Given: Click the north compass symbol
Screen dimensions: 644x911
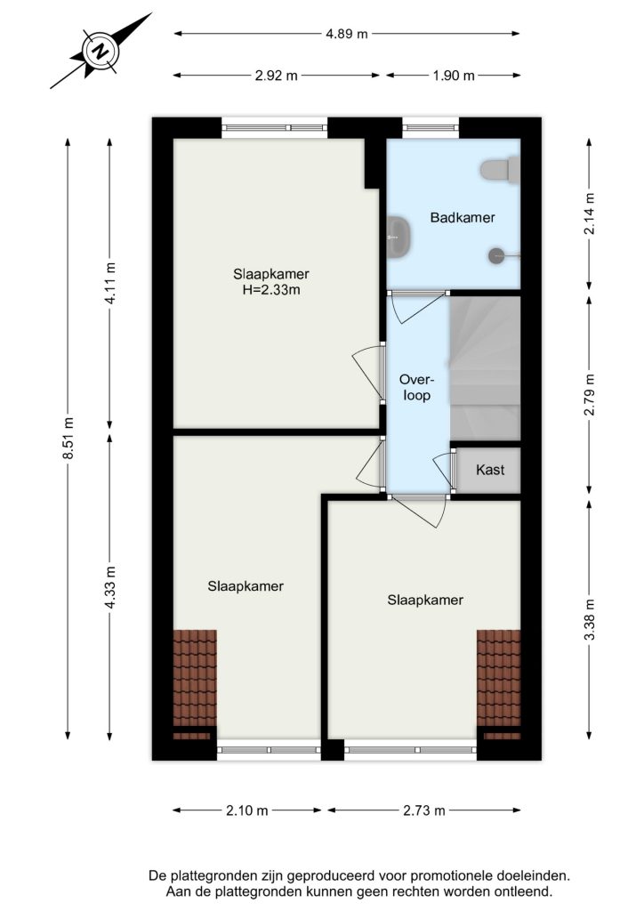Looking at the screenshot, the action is point(101,51).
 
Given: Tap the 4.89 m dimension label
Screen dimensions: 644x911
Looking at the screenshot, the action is point(347,34).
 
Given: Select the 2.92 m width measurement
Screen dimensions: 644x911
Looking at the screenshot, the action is point(276,76).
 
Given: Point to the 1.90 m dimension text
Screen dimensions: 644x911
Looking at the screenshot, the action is point(454,76).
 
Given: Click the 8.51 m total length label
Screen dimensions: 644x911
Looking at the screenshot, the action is point(68,439).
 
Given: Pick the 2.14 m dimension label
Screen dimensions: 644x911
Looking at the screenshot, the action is point(590,214).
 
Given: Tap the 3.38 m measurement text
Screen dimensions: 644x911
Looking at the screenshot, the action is point(590,619).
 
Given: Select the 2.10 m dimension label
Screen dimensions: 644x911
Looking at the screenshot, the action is point(246,810).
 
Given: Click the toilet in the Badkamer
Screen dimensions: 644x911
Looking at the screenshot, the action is point(500,170).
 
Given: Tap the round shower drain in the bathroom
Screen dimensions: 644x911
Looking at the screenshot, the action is point(497,254).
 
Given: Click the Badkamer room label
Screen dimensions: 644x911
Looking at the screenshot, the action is point(463,218).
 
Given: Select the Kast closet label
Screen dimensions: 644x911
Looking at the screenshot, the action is point(490,470).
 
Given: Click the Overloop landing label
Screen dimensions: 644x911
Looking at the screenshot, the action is point(416,388).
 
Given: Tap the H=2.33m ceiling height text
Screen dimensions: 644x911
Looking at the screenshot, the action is point(271,290).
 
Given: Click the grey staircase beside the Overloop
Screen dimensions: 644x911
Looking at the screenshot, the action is point(485,368).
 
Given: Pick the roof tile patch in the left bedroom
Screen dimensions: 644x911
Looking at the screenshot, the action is point(195,684).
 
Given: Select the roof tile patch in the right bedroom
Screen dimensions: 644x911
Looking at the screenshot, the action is point(499,684).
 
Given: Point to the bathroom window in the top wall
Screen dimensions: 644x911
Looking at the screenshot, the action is point(431,128).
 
